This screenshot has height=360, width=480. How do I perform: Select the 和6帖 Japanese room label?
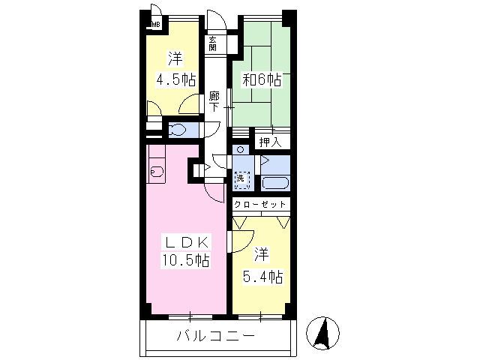(x=259, y=79)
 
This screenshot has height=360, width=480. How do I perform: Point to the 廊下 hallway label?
(x=214, y=101)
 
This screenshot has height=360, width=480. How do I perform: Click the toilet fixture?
(x=179, y=130)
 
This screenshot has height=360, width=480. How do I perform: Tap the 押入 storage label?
(x=269, y=142)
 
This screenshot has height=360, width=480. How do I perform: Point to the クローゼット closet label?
(x=259, y=204)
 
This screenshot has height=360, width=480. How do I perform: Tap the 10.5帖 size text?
(x=184, y=260)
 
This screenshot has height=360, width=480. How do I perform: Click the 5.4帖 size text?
(x=262, y=277)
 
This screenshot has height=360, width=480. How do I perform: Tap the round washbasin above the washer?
(x=240, y=150)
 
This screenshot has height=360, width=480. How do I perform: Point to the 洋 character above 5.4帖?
(x=261, y=254)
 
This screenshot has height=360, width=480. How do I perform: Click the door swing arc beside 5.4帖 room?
(x=240, y=241)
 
